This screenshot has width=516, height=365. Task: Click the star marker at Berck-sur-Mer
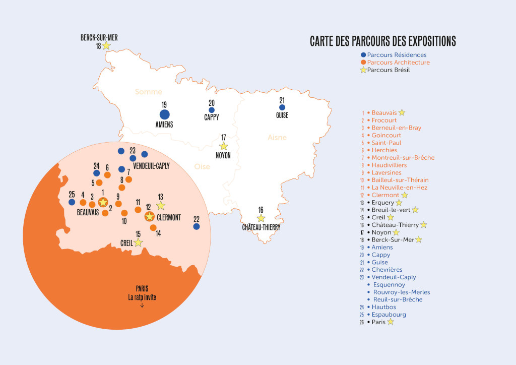pyautogui.click(x=106, y=46)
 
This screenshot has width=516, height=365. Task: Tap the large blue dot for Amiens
pyautogui.click(x=164, y=114)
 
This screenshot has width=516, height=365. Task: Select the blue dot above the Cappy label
pyautogui.click(x=212, y=110)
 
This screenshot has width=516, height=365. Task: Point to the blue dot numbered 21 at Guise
pyautogui.click(x=282, y=107)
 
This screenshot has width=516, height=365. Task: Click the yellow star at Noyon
pyautogui.click(x=223, y=146)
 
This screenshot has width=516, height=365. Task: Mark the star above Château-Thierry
pyautogui.click(x=261, y=218)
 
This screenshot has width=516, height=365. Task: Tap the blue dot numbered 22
pyautogui.click(x=197, y=226)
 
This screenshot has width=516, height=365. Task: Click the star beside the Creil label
pyautogui.click(x=138, y=242)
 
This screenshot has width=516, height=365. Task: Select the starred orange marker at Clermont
pyautogui.click(x=149, y=217)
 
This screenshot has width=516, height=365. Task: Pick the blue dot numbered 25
pyautogui.click(x=72, y=202)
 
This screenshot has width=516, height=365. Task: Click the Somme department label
pyautogui.click(x=148, y=92)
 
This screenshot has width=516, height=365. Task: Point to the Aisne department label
pyautogui.click(x=277, y=137)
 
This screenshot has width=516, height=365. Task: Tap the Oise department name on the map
pyautogui.click(x=202, y=166)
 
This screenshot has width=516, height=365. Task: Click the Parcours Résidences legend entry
pyautogui.click(x=397, y=55)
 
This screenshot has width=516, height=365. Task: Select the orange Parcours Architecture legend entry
pyautogui.click(x=398, y=63)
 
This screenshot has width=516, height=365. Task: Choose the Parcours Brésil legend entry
pyautogui.click(x=388, y=70)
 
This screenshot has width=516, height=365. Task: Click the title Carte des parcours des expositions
pyautogui.click(x=383, y=41)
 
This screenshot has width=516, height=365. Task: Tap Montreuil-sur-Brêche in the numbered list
pyautogui.click(x=403, y=158)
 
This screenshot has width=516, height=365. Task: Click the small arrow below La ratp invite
pyautogui.click(x=142, y=306)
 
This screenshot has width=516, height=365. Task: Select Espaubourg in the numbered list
pyautogui.click(x=389, y=315)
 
